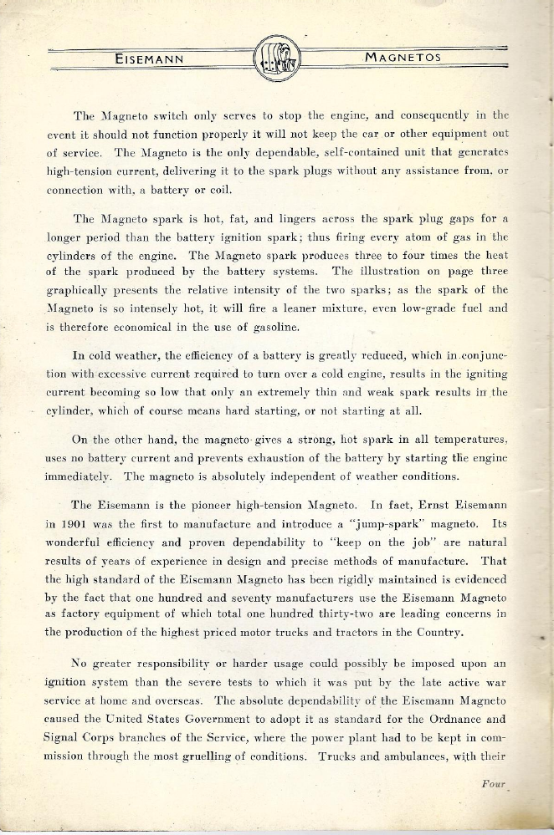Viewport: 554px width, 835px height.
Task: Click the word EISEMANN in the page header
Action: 149,59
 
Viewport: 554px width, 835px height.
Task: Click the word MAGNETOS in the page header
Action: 404,58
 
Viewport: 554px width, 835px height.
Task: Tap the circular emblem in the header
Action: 277,58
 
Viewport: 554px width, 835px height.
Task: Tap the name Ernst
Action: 430,505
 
